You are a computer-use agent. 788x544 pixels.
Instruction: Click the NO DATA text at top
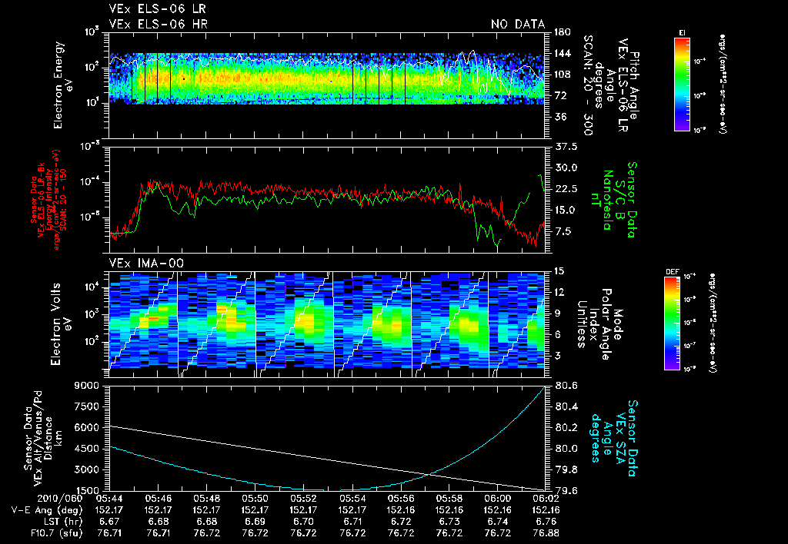pyautogui.click(x=518, y=25)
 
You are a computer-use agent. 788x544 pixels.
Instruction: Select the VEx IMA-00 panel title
pyautogui.click(x=140, y=264)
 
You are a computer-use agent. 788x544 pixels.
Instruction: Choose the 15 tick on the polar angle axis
pyautogui.click(x=559, y=270)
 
